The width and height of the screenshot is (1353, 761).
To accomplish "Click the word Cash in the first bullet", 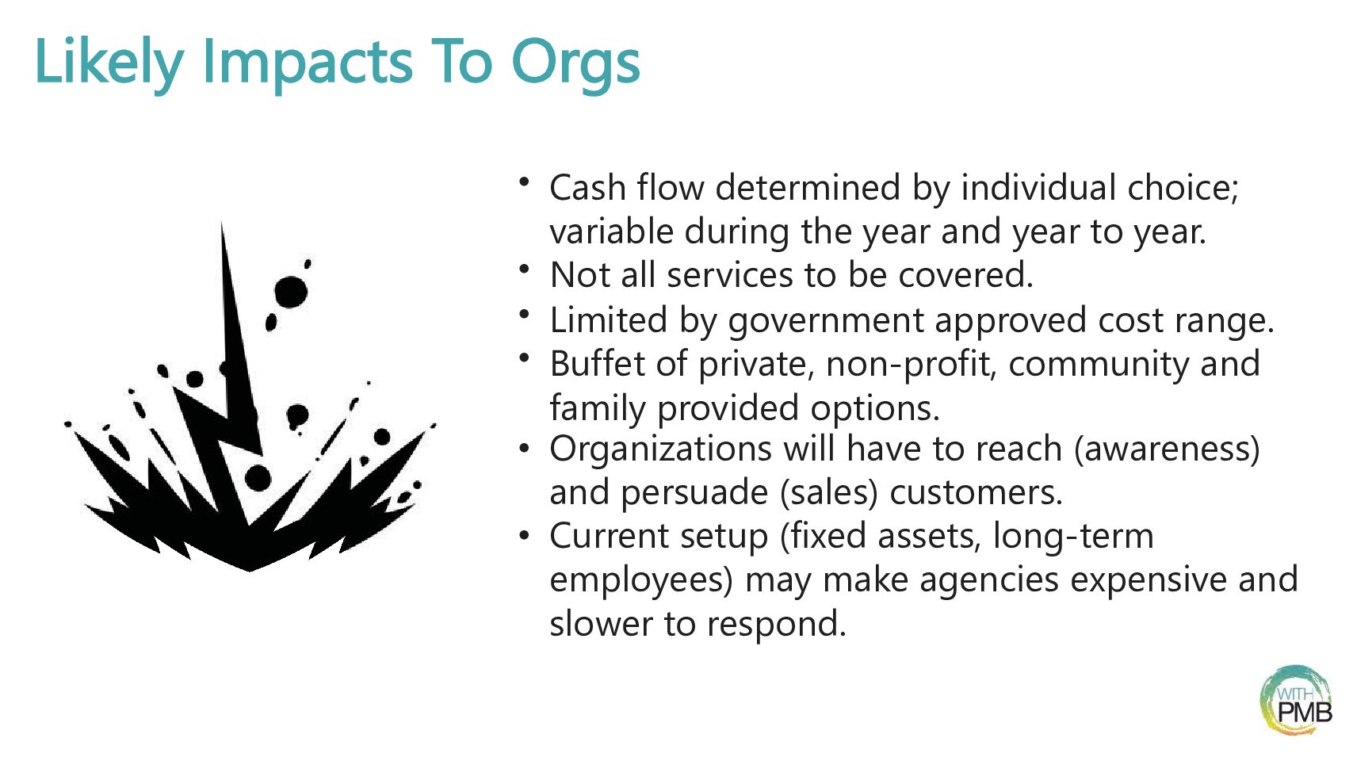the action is click(587, 187).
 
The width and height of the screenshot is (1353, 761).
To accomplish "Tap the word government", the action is click(826, 321).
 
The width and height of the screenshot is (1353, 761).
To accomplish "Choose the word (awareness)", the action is click(1167, 450).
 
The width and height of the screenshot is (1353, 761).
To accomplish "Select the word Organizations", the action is click(661, 450).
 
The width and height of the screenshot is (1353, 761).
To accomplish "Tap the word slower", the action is click(601, 624).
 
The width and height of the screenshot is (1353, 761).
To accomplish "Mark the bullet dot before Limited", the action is click(524, 314).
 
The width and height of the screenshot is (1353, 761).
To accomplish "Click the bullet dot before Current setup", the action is click(524, 534).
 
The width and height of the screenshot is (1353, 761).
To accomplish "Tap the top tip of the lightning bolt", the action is click(222, 223).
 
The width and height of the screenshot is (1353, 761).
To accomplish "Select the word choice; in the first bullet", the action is click(1183, 188).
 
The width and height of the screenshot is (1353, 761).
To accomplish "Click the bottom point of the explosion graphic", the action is click(250, 570).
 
